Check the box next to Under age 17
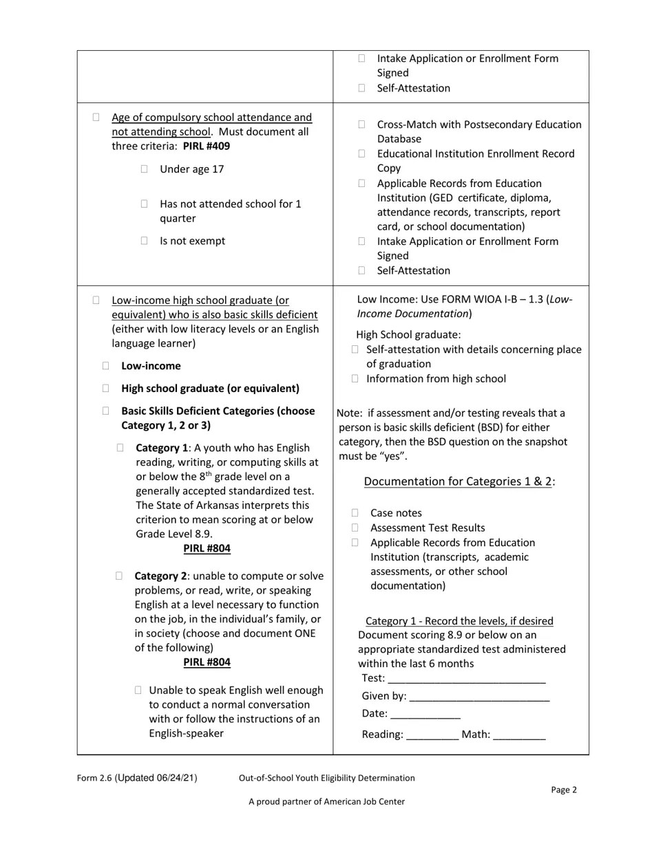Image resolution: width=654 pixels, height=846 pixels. click(144, 169)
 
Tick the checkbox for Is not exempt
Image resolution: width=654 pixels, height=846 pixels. click(144, 241)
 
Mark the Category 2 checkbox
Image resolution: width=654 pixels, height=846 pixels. click(120, 576)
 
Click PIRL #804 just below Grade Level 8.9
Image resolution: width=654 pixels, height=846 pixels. click(207, 549)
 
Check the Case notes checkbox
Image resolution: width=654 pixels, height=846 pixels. click(355, 513)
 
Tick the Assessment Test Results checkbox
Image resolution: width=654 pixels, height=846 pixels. click(355, 528)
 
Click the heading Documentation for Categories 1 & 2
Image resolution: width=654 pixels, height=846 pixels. click(458, 481)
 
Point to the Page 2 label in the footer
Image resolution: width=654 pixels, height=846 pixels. click(564, 790)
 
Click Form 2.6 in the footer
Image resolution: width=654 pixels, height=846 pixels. click(94, 778)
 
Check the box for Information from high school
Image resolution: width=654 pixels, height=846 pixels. click(355, 378)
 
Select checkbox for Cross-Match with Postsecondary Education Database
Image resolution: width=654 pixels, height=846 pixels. click(361, 124)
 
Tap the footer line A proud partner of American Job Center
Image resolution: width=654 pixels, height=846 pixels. click(326, 801)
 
